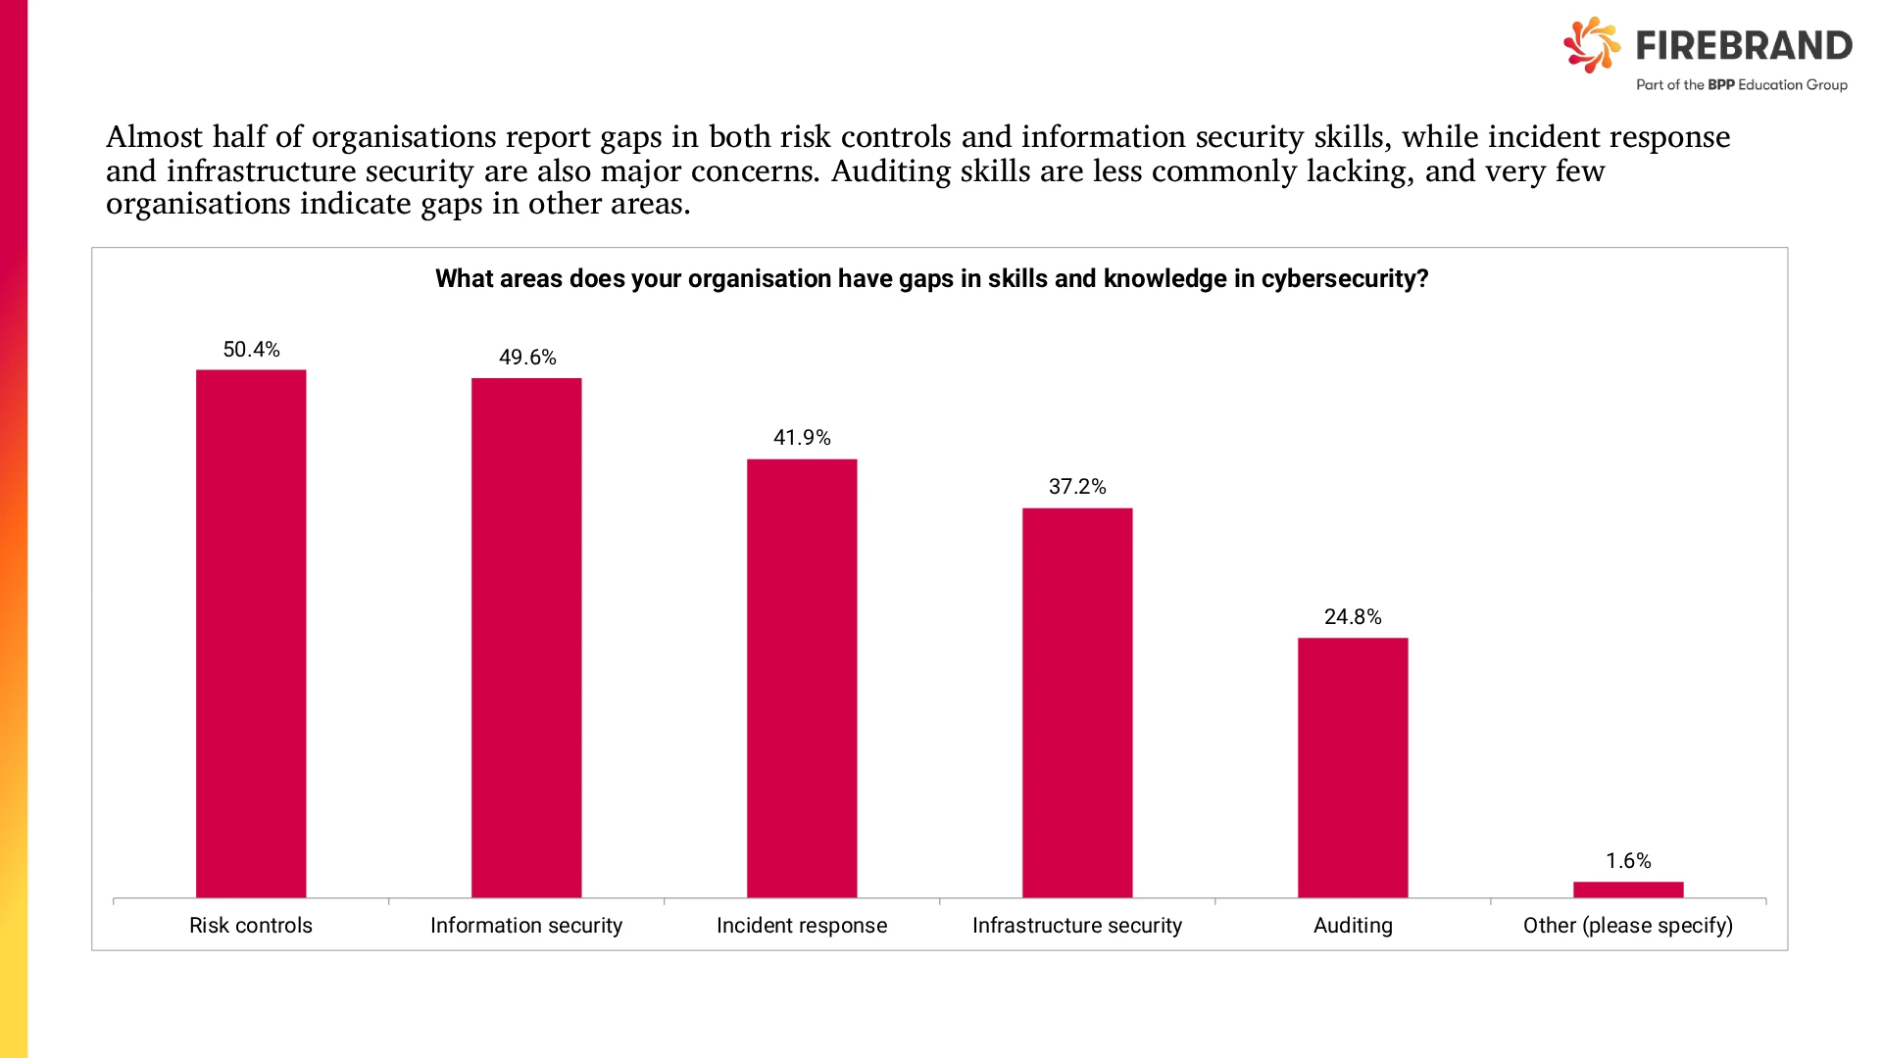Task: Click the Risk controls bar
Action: [x=251, y=634]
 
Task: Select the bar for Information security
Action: [x=526, y=638]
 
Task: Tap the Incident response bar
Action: [x=802, y=678]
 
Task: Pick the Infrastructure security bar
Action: [x=1077, y=702]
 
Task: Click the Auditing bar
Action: [x=1353, y=768]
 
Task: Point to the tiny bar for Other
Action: [x=1628, y=890]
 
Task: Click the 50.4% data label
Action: [x=251, y=350]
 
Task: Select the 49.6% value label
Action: [x=527, y=358]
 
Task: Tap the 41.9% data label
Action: [x=802, y=438]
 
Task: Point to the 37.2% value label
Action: [x=1077, y=487]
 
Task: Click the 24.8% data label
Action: [x=1353, y=617]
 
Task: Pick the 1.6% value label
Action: [x=1628, y=861]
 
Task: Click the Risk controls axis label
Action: [x=251, y=926]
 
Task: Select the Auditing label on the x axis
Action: [x=1353, y=926]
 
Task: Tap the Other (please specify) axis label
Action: [x=1628, y=926]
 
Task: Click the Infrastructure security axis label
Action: [x=1077, y=926]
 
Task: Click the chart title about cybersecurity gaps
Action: [x=931, y=279]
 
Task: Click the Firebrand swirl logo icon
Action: [x=1592, y=45]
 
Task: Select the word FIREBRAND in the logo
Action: [x=1744, y=45]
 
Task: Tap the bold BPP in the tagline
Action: [x=1721, y=85]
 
